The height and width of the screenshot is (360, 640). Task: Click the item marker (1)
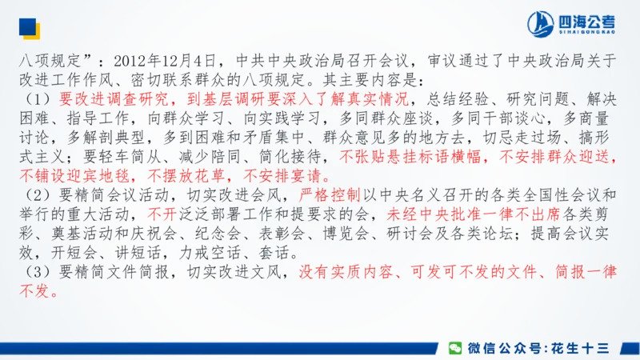click(39, 99)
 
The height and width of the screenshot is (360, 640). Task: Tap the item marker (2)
click(39, 196)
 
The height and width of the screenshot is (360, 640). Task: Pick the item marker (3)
click(39, 273)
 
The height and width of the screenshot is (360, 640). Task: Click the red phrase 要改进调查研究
click(114, 99)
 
